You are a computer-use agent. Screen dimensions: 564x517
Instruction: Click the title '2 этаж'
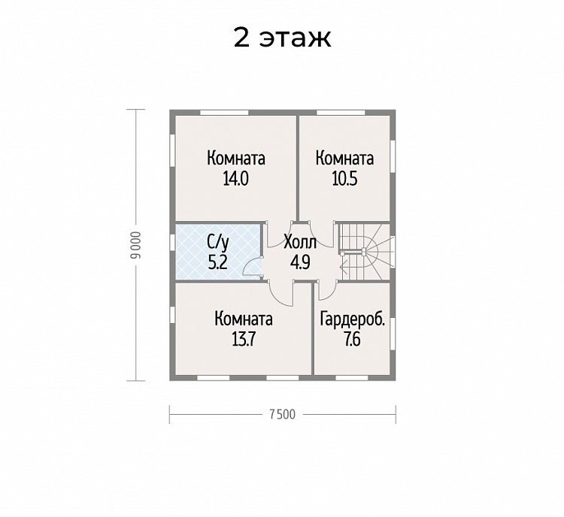point(282,38)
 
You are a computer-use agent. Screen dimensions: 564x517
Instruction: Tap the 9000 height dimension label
point(136,245)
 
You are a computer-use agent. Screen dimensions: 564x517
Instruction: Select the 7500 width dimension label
point(282,415)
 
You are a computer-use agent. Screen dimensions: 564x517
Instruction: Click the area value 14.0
point(235,179)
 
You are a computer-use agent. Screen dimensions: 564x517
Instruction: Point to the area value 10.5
point(344,179)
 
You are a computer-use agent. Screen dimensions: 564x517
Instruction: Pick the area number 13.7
point(244,339)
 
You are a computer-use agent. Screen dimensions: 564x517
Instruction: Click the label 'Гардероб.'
point(353,319)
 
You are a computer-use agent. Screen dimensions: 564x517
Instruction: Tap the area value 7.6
point(352,339)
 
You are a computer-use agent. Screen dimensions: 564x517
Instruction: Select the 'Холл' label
point(300,243)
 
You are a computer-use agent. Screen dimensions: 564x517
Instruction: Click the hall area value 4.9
point(300,262)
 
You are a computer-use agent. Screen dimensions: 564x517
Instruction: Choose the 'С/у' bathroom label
point(217,243)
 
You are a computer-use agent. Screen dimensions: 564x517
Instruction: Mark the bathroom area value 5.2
point(217,262)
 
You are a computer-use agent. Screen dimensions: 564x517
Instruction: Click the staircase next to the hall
point(364,251)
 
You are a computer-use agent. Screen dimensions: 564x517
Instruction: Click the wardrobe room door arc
point(326,294)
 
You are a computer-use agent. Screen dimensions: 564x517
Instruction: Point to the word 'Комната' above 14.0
point(236,159)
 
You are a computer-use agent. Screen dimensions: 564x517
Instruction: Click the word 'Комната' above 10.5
point(344,159)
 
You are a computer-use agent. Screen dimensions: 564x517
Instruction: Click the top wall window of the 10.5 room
point(341,113)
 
